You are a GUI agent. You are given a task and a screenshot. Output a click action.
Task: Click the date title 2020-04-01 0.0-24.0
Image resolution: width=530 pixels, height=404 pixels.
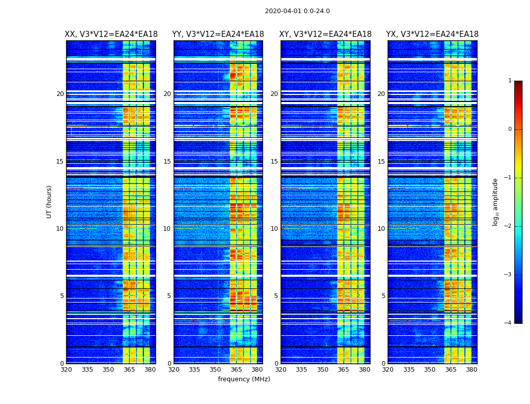[297, 11]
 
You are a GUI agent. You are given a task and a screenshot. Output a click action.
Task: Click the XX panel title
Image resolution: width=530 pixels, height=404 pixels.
[111, 34]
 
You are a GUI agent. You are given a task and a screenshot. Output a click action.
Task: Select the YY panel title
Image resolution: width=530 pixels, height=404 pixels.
[218, 34]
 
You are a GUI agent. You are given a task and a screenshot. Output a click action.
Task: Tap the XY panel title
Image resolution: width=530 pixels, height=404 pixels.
[326, 34]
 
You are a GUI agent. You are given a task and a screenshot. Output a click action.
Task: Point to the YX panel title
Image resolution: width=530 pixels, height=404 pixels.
[432, 34]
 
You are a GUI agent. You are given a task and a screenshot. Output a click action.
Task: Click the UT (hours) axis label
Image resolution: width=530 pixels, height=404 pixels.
[49, 201]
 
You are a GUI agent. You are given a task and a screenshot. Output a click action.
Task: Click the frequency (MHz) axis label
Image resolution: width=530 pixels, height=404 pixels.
[244, 379]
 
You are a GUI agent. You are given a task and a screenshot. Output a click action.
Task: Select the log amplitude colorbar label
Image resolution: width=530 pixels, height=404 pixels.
[496, 201]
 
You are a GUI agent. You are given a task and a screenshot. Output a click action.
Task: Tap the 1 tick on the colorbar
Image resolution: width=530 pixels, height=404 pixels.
[510, 81]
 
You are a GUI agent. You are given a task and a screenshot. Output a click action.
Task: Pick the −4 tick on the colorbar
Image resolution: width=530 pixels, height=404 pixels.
[508, 323]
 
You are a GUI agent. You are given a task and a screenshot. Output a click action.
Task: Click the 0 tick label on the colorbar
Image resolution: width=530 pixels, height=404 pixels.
[510, 129]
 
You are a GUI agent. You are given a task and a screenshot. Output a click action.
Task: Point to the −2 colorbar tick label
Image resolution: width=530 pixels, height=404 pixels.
[508, 226]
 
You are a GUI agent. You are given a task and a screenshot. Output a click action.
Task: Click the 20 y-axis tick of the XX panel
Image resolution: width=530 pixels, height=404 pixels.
[60, 94]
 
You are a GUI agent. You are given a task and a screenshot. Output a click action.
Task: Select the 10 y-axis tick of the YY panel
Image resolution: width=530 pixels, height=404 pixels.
[167, 229]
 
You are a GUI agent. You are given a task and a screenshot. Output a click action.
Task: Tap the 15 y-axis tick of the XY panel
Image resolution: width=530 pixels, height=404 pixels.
[274, 162]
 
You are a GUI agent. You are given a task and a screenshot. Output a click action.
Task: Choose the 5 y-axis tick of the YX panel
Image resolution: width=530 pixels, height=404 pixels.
[384, 296]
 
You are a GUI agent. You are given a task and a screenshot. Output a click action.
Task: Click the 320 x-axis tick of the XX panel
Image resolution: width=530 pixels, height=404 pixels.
[66, 370]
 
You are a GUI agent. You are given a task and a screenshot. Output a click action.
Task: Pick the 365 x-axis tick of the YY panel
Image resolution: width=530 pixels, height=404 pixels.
[236, 370]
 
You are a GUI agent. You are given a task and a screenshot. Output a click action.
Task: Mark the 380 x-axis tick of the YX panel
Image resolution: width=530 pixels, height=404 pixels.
[471, 370]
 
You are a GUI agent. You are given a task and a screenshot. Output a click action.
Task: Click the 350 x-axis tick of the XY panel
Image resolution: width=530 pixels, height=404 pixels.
[323, 370]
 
